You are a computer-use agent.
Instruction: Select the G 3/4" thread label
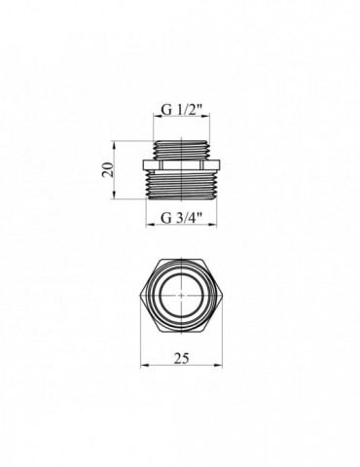pos(181,216)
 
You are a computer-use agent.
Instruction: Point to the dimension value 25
pos(181,357)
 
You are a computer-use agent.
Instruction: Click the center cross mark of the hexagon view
pos(181,292)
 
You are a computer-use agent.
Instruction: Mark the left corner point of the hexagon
pos(144,292)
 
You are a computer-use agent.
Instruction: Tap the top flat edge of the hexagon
pos(181,260)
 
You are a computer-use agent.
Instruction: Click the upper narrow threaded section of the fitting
pos(181,147)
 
